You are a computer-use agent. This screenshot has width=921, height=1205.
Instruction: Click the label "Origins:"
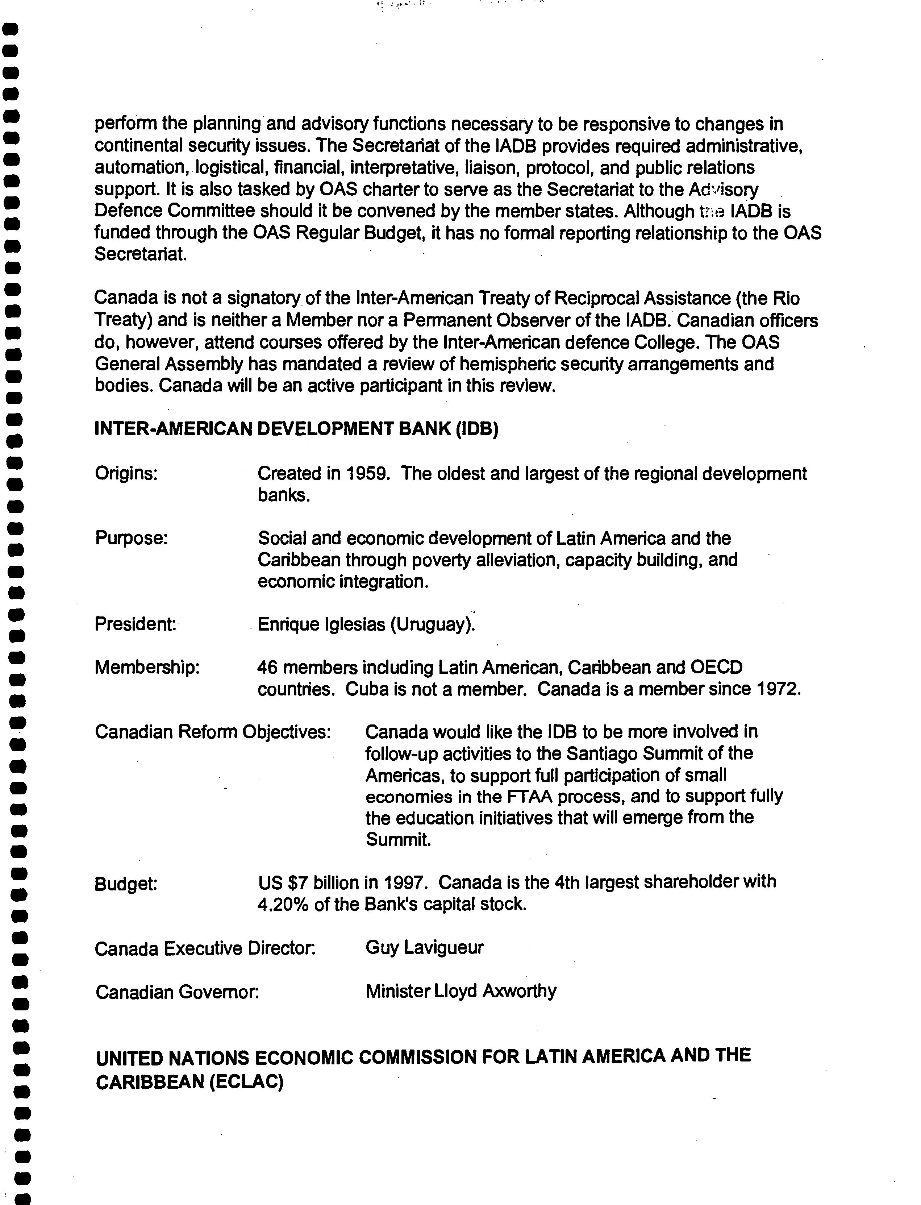126,473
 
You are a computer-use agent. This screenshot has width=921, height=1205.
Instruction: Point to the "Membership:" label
147,667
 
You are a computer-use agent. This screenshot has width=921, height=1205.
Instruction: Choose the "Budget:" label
126,884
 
